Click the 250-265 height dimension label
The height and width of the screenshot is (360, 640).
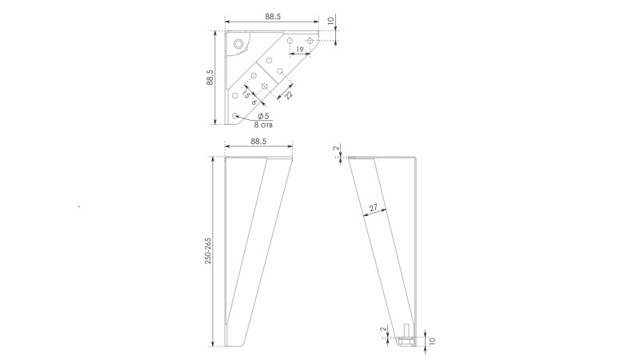pyautogui.click(x=208, y=250)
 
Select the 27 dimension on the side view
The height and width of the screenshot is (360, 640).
pyautogui.click(x=374, y=208)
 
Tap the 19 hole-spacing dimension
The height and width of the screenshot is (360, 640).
pyautogui.click(x=299, y=50)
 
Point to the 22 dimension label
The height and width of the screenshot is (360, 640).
pyautogui.click(x=289, y=95)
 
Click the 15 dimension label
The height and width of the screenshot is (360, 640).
pyautogui.click(x=246, y=94)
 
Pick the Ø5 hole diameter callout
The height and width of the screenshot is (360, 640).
pyautogui.click(x=263, y=116)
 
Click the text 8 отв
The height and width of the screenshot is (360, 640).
pyautogui.click(x=263, y=125)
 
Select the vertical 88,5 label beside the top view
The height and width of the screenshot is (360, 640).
pyautogui.click(x=210, y=77)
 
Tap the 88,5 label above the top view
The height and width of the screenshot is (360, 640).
pyautogui.click(x=273, y=17)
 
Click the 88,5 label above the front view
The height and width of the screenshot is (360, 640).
pyautogui.click(x=258, y=142)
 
